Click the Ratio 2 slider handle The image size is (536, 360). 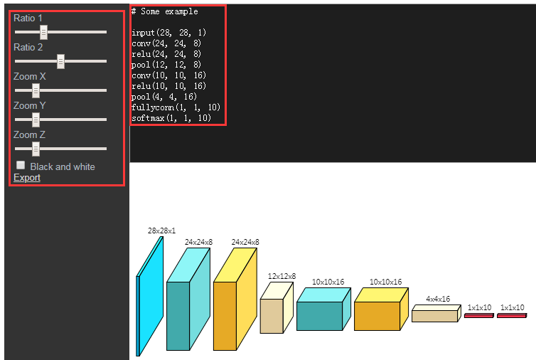click(x=61, y=62)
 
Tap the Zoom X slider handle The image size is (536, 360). click(x=36, y=90)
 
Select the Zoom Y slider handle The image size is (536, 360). click(x=36, y=120)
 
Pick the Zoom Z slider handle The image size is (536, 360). click(x=36, y=149)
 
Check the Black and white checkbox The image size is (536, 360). click(x=21, y=165)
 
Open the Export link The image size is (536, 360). click(x=27, y=177)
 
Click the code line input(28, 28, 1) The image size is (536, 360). click(x=168, y=33)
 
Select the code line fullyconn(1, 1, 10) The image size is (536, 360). click(x=176, y=107)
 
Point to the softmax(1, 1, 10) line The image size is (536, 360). click(x=171, y=118)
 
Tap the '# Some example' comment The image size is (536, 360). click(x=165, y=11)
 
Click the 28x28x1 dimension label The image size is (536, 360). click(x=161, y=231)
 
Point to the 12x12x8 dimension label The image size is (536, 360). click(x=282, y=276)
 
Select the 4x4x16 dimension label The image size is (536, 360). click(x=438, y=299)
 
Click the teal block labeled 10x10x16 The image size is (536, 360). click(x=319, y=315)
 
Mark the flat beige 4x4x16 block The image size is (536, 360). click(x=433, y=316)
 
